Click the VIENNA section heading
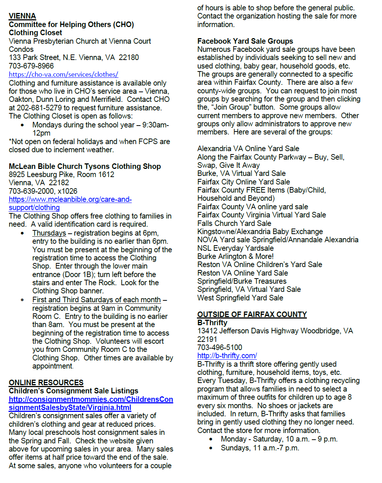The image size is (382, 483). [x=22, y=16]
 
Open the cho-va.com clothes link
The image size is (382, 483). [x=63, y=74]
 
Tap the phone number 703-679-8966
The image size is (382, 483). [x=31, y=66]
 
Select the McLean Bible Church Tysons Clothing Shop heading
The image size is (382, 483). [x=85, y=166]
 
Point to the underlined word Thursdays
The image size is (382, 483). [x=49, y=233]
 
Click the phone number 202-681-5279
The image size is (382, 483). [x=40, y=108]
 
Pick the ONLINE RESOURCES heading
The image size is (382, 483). [x=46, y=383]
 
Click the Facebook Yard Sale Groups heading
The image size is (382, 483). [x=245, y=41]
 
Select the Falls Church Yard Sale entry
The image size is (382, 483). [x=234, y=223]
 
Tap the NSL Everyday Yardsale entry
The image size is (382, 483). [x=235, y=248]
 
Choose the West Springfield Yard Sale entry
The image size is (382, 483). [x=240, y=298]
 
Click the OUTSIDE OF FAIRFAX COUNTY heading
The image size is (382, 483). [x=252, y=314]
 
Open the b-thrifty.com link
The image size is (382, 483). [x=227, y=356]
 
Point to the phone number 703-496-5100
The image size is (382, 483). [x=220, y=347]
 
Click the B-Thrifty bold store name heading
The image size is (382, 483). [x=212, y=323]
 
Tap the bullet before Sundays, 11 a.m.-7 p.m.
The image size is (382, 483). [x=211, y=448]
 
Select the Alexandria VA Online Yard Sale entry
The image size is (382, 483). [x=248, y=149]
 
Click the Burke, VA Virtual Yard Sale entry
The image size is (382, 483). [x=241, y=173]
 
